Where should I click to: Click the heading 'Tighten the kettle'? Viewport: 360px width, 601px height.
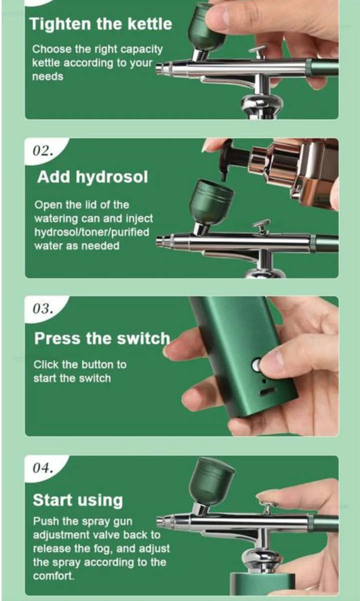point(101,24)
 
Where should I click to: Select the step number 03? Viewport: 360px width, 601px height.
point(43,309)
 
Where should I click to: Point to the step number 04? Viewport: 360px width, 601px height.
point(43,468)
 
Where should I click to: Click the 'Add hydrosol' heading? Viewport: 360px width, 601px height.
point(93,177)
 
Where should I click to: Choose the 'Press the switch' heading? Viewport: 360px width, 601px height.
point(102,338)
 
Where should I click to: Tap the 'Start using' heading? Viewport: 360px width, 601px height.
point(78,499)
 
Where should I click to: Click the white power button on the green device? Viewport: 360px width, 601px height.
point(256,365)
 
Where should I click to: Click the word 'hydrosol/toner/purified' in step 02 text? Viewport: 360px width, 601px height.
point(92,232)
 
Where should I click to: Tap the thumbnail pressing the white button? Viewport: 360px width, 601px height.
point(274,363)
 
